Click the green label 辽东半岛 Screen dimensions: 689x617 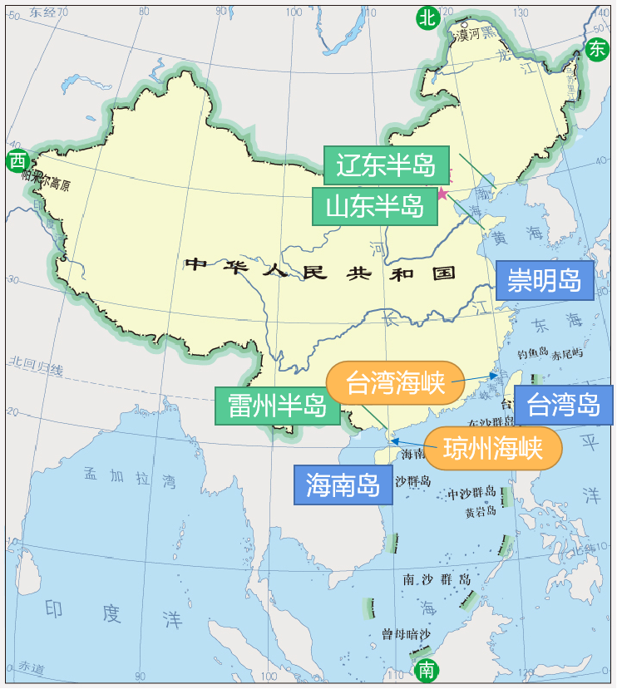[386, 165]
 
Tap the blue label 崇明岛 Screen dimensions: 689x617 [544, 280]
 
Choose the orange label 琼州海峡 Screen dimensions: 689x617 [492, 449]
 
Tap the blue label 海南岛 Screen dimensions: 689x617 [343, 485]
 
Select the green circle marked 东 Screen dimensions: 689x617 [596, 49]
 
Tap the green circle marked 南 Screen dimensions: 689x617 [426, 669]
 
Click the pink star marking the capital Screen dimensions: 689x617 [442, 194]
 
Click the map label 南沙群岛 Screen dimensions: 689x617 [436, 578]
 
